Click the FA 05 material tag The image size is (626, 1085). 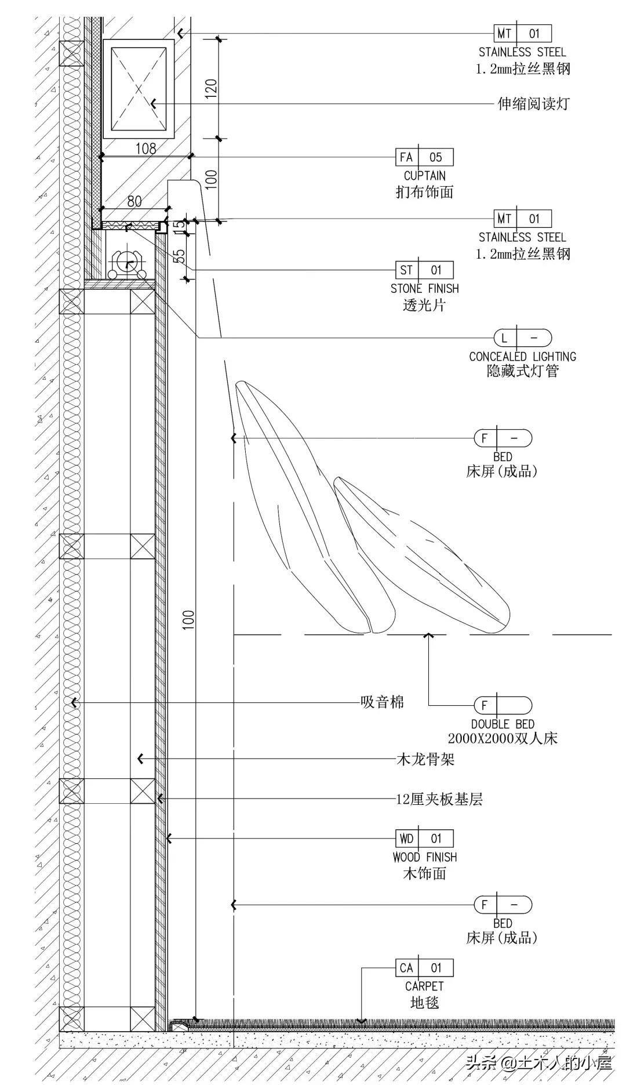click(424, 157)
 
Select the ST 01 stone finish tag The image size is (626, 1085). click(424, 270)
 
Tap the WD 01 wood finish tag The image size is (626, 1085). click(424, 839)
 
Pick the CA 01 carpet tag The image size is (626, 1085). click(424, 968)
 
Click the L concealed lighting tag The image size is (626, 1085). click(522, 338)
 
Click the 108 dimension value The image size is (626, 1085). click(145, 149)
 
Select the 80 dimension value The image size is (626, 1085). click(134, 201)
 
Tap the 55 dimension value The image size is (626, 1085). click(179, 256)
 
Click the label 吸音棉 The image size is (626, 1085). click(382, 703)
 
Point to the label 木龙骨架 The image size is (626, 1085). click(425, 759)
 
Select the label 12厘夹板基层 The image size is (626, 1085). click(439, 800)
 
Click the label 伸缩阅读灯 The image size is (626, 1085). click(533, 104)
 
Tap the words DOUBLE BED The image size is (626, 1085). click(503, 724)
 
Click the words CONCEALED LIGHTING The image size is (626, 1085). click(522, 357)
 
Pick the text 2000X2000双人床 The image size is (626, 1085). click(503, 739)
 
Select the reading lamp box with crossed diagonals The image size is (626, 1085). click(139, 89)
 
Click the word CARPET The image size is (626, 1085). click(424, 986)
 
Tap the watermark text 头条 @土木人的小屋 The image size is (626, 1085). click(539, 1063)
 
